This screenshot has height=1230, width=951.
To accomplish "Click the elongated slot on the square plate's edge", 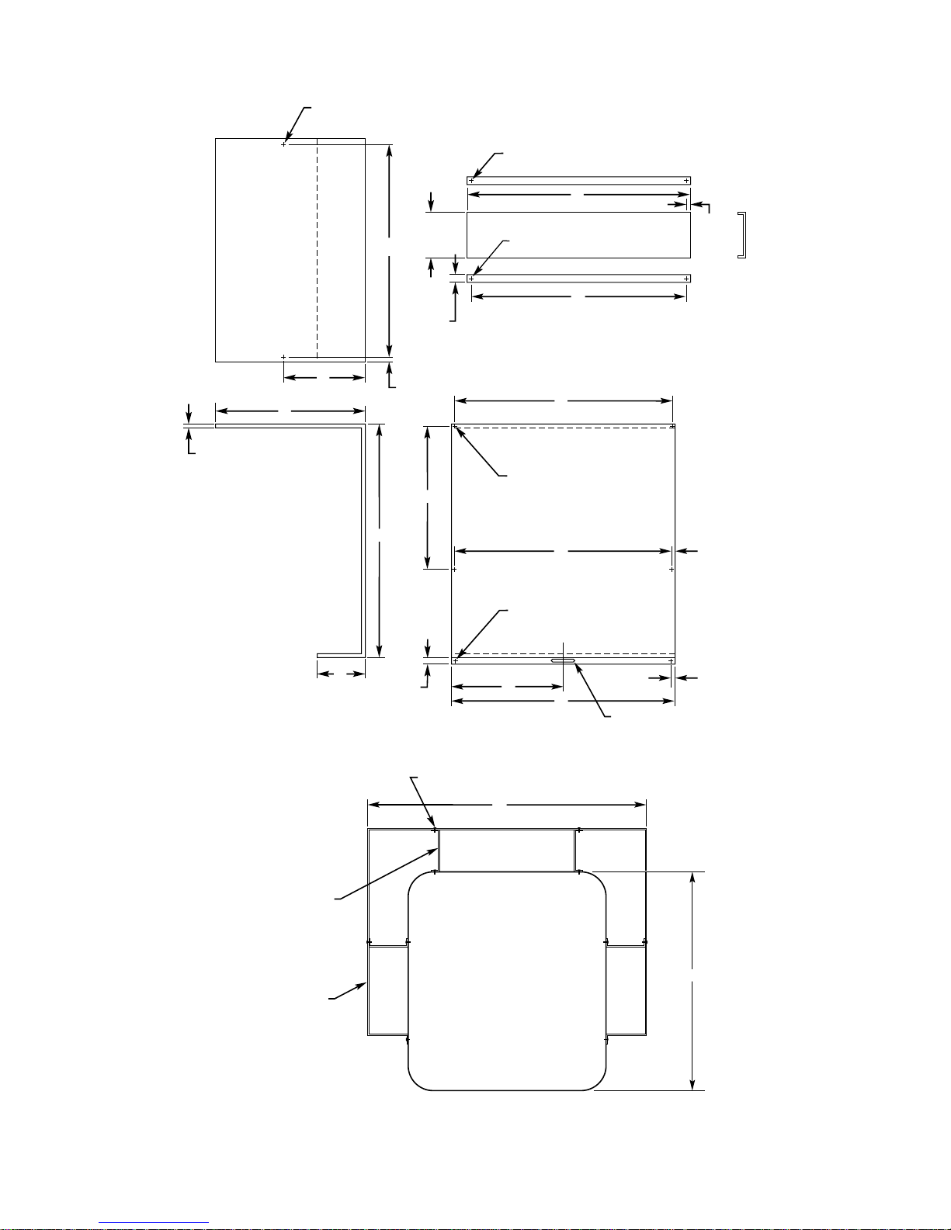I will (x=564, y=661).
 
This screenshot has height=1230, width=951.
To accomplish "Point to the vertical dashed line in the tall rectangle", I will (x=318, y=248).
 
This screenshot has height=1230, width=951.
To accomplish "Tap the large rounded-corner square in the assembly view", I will (x=506, y=981).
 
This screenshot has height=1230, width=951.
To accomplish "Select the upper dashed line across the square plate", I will (x=563, y=427).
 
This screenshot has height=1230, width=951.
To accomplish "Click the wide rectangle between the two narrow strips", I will (x=578, y=234).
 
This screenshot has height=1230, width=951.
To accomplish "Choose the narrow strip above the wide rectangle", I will (x=578, y=181).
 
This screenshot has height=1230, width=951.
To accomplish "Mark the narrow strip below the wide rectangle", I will (x=578, y=278).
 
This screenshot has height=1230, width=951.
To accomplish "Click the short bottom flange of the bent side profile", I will (x=340, y=655).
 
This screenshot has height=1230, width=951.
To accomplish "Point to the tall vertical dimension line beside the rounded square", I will (x=692, y=981).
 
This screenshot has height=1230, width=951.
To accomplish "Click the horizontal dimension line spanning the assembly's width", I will (x=506, y=805).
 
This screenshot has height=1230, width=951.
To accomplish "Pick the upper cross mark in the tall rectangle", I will (x=283, y=144).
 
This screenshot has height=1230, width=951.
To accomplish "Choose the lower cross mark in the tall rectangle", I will (x=283, y=357).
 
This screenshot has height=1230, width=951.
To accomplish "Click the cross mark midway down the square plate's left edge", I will (x=454, y=569).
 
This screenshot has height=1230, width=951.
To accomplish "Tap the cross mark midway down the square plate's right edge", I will (x=672, y=569).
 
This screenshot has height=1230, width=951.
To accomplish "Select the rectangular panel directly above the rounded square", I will (x=506, y=851).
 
